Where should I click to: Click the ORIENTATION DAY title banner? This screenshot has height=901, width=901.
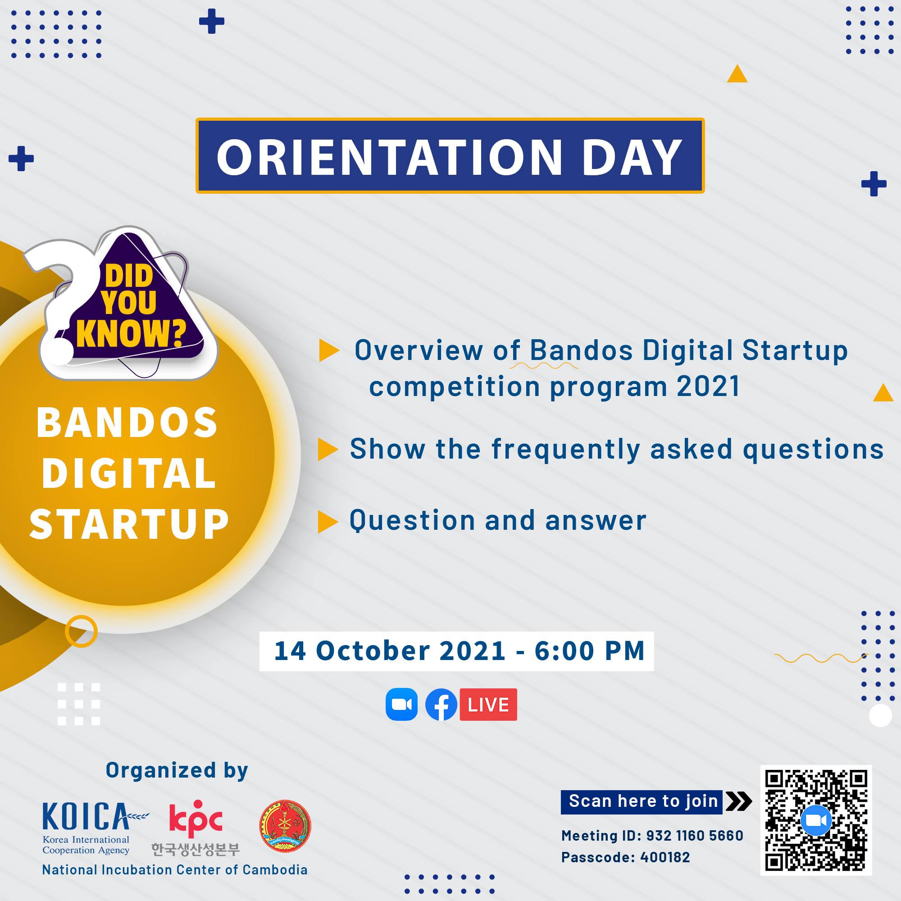(x=450, y=156)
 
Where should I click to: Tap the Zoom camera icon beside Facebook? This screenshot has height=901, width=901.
(x=401, y=704)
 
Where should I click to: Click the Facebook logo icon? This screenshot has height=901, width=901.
(x=441, y=704)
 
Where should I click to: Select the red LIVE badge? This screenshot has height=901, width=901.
(x=488, y=704)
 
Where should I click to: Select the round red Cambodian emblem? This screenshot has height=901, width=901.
(x=285, y=826)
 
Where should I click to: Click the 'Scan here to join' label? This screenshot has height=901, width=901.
(x=643, y=801)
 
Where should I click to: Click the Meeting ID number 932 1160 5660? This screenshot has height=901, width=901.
(x=695, y=835)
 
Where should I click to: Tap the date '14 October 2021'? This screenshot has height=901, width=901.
(x=390, y=651)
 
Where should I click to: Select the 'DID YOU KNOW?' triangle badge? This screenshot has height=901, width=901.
(x=135, y=303)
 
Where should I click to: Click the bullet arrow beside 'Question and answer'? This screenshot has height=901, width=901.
(x=328, y=522)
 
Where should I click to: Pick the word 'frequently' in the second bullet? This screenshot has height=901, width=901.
(x=566, y=450)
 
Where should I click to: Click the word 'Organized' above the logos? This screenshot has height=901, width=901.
(x=161, y=770)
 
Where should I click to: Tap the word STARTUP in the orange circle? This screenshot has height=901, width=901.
(x=129, y=524)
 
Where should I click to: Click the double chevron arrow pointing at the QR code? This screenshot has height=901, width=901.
(x=739, y=801)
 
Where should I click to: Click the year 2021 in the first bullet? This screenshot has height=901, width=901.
(x=708, y=387)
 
